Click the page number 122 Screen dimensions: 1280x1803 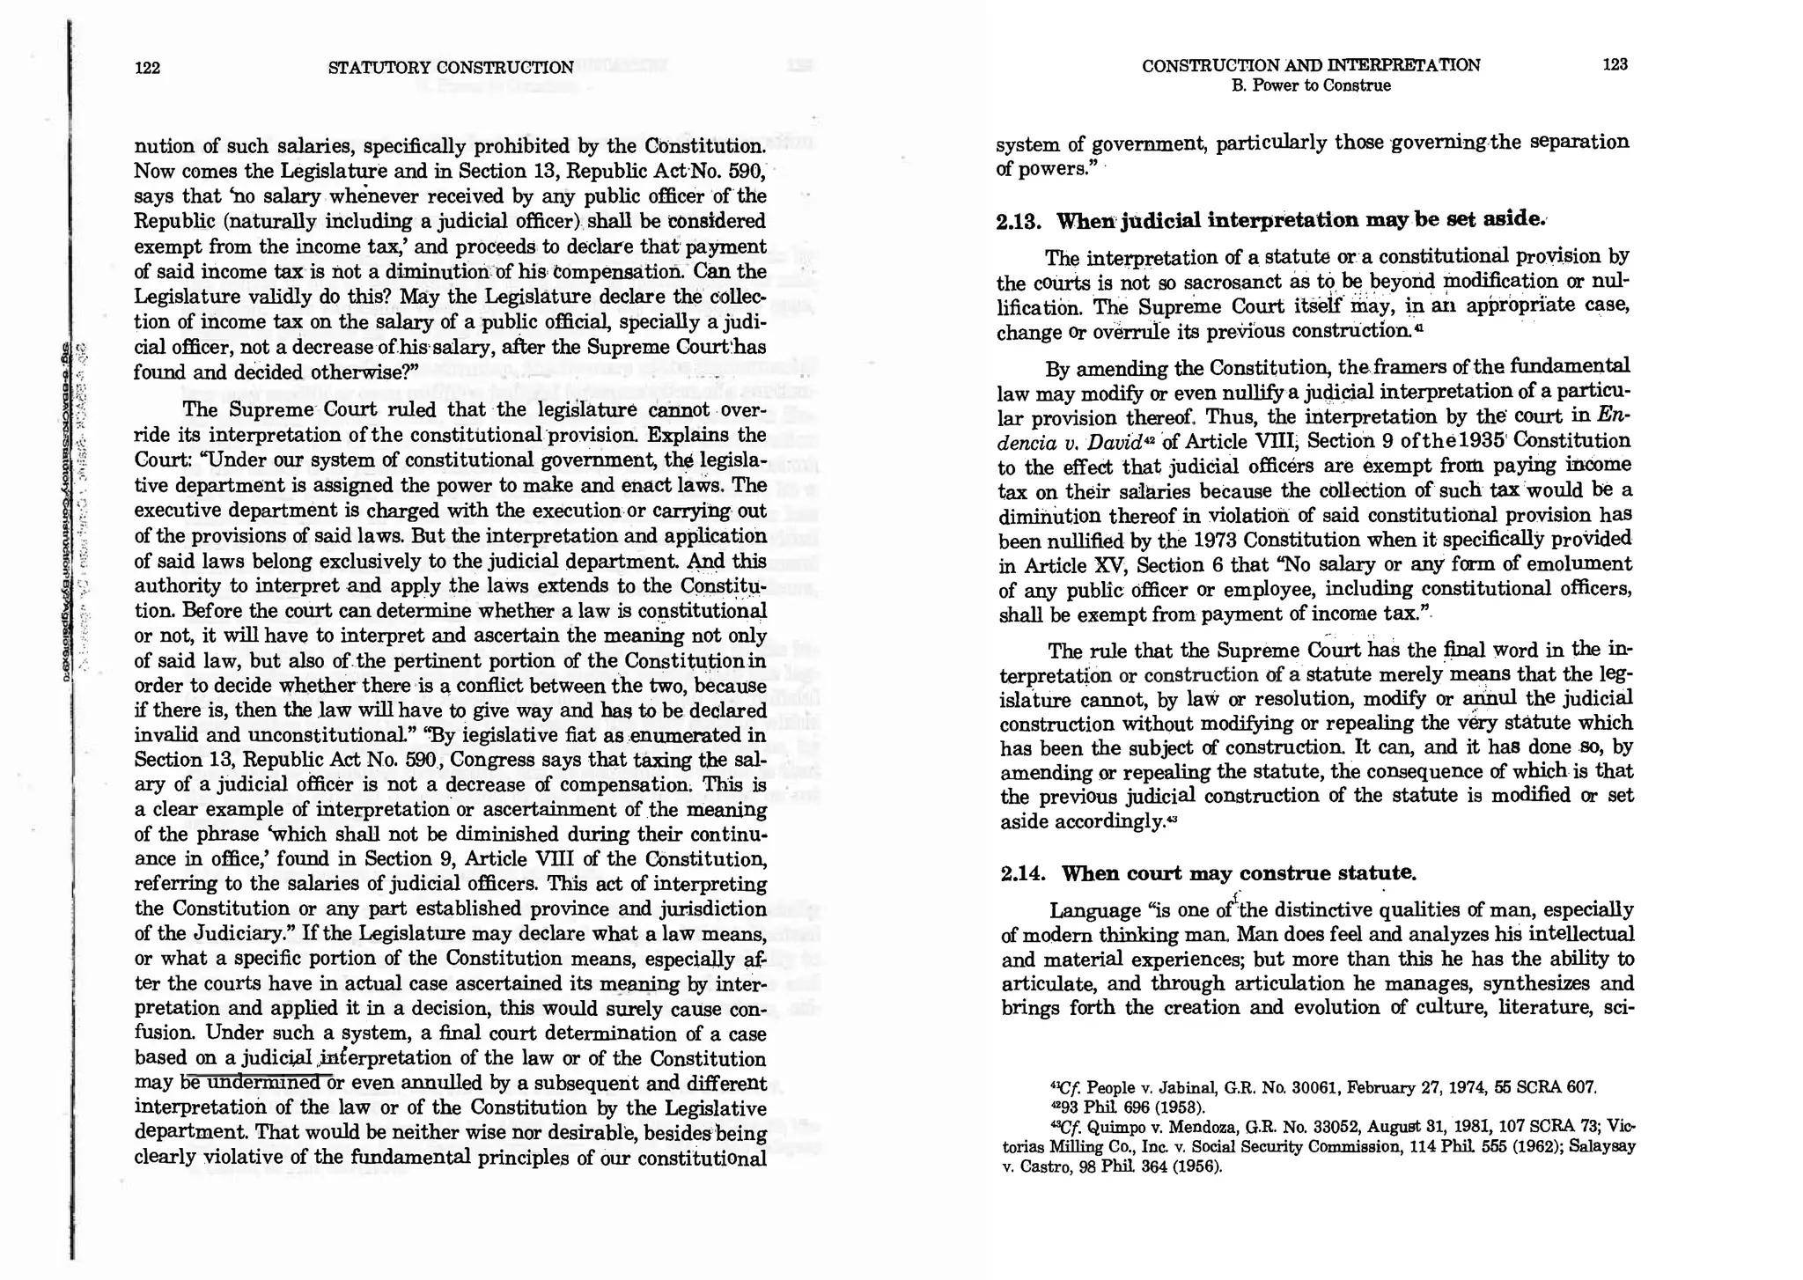coord(147,68)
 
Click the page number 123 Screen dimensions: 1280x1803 coord(1615,64)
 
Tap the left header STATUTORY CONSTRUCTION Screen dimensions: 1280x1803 coord(450,68)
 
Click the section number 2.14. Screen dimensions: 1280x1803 coord(1024,873)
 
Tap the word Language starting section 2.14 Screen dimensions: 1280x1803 coord(1096,910)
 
